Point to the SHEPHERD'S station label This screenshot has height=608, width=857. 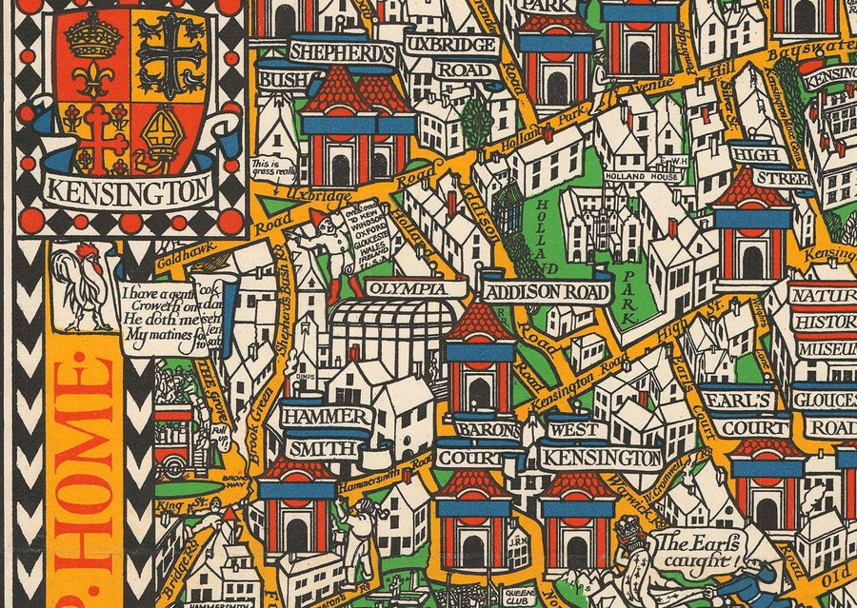340,53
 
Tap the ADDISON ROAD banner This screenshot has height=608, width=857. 545,291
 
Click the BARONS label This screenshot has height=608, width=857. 487,429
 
